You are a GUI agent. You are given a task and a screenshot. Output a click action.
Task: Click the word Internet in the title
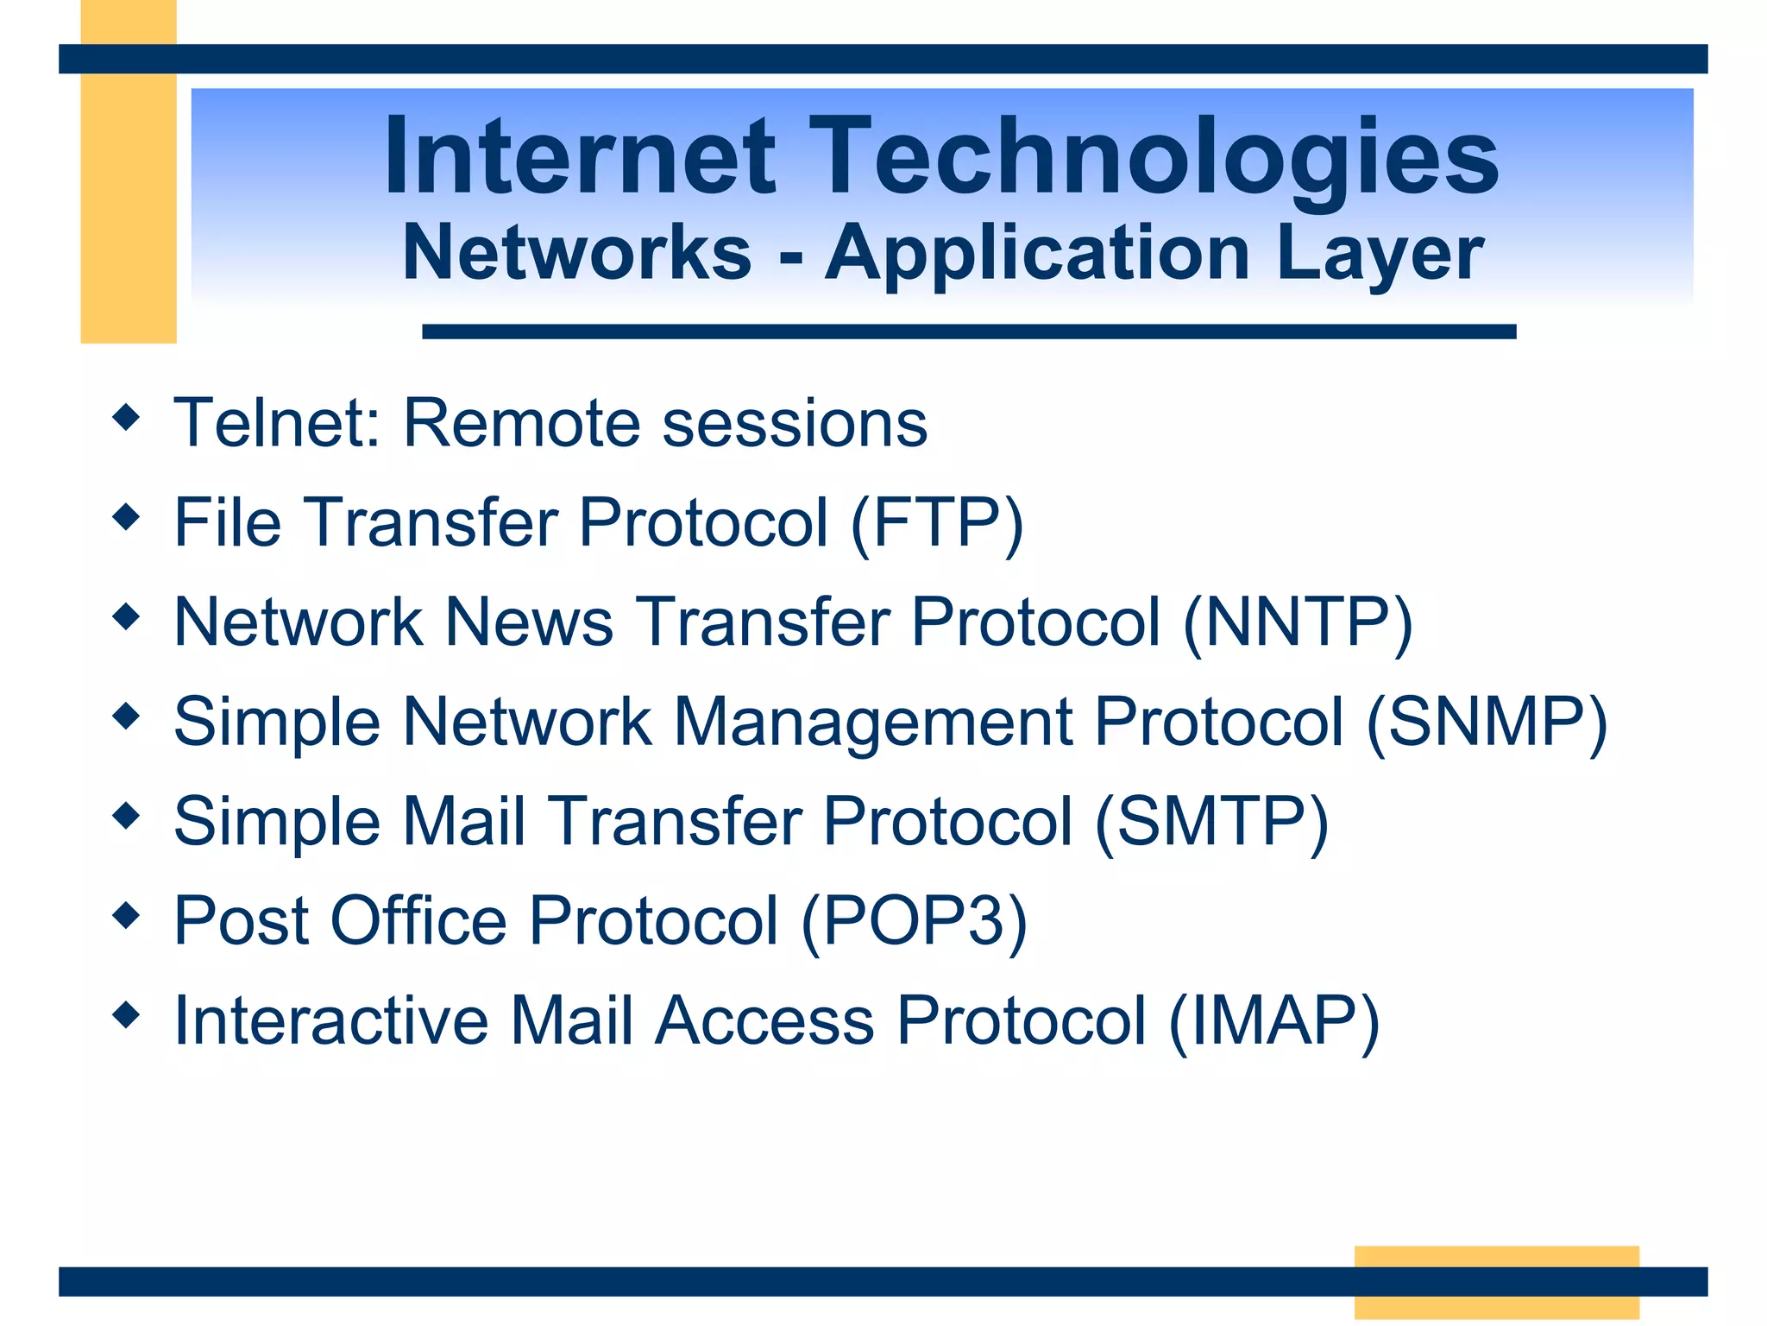580,157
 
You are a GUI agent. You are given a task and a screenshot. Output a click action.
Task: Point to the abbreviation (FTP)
937,523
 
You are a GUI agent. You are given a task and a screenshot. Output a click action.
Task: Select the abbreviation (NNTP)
1298,622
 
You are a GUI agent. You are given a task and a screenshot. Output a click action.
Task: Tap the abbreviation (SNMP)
1487,722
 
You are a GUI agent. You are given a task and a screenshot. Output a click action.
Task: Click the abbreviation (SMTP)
1211,821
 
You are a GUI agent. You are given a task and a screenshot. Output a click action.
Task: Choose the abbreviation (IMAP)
1273,1020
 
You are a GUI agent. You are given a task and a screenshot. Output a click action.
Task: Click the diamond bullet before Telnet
126,418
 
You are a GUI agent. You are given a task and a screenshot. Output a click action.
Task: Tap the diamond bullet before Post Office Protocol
126,915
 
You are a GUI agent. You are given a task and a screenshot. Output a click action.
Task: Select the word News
528,622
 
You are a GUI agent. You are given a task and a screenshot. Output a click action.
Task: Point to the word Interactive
330,1020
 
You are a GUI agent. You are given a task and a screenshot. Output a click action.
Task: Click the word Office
418,921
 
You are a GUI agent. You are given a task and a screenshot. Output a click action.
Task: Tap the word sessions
795,423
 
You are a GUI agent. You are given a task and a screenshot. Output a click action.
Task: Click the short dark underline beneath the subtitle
968,331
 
